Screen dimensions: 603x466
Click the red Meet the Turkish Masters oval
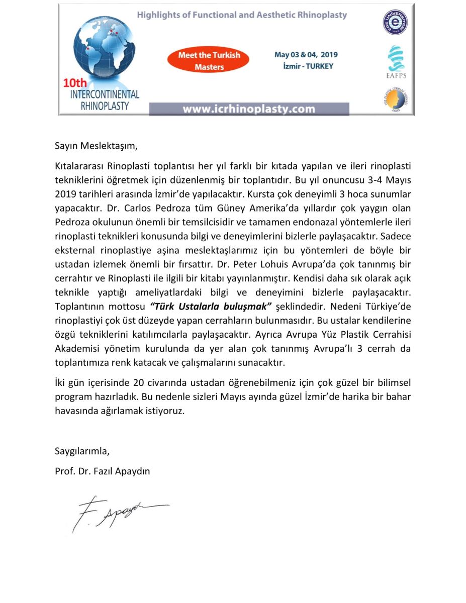pos(209,61)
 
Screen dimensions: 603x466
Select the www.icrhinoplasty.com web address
pos(249,109)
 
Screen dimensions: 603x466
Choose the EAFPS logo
pos(395,62)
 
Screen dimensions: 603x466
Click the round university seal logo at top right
pos(396,23)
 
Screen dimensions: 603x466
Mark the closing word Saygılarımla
pos(82,451)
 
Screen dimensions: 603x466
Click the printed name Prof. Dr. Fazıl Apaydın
pos(103,471)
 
